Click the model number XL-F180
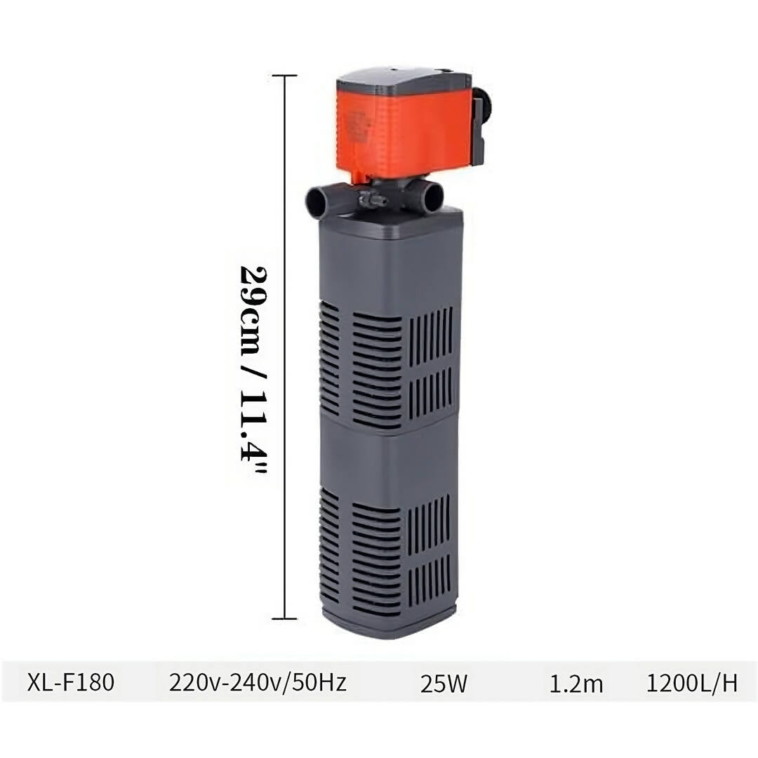[x=71, y=683]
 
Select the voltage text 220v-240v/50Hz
[x=258, y=683]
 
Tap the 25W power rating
[x=444, y=684]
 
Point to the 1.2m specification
[x=576, y=684]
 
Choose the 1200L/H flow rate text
[x=692, y=683]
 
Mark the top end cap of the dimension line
[x=284, y=76]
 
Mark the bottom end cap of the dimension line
[x=284, y=618]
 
